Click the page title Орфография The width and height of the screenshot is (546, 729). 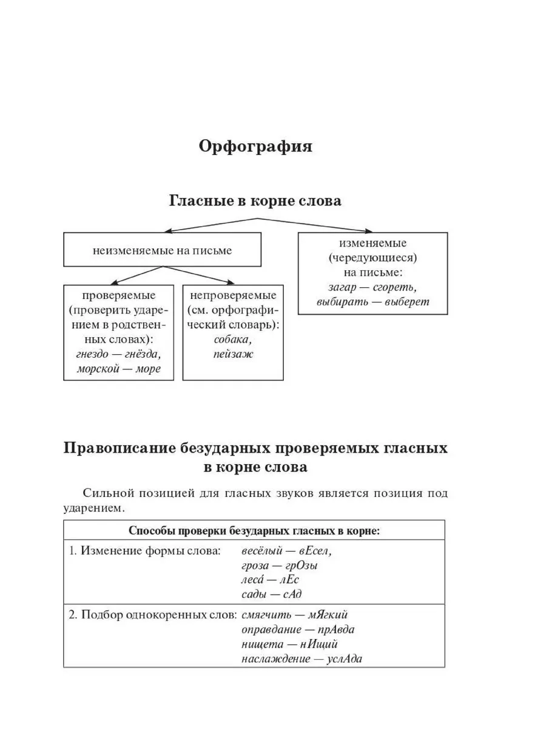coord(255,148)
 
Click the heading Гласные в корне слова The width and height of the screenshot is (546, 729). coord(255,201)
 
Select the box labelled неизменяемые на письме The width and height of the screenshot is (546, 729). coord(163,250)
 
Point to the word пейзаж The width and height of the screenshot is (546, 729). coord(233,354)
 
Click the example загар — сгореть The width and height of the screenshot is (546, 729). coord(372,287)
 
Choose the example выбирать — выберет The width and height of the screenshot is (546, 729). coord(372,301)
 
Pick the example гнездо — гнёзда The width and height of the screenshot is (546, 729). coord(119,354)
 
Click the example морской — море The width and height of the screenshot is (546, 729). coord(119,369)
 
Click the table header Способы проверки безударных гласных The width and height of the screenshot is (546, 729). coord(254,530)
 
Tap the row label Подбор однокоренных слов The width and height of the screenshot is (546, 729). coord(152,615)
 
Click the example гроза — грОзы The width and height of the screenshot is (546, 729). coord(280,566)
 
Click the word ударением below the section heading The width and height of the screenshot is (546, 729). coord(96,507)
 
